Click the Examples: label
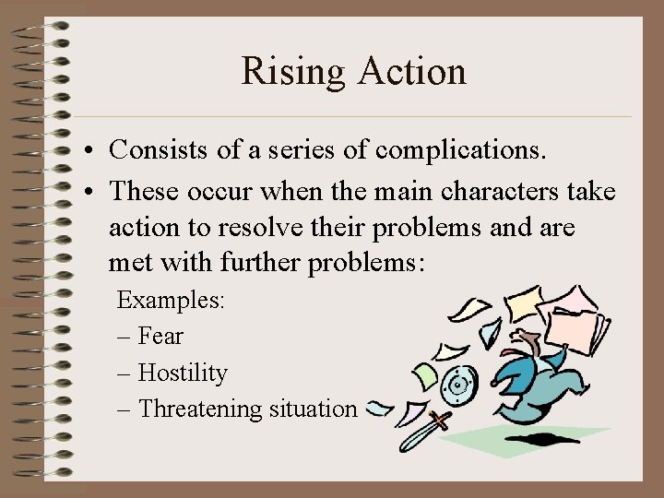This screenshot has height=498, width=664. (x=170, y=301)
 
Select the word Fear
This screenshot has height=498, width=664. (x=160, y=337)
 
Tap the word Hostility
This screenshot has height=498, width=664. (x=182, y=373)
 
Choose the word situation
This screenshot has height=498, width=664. (x=314, y=409)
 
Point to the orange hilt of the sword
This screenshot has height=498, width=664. (x=442, y=421)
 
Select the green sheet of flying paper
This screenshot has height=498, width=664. (x=426, y=375)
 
